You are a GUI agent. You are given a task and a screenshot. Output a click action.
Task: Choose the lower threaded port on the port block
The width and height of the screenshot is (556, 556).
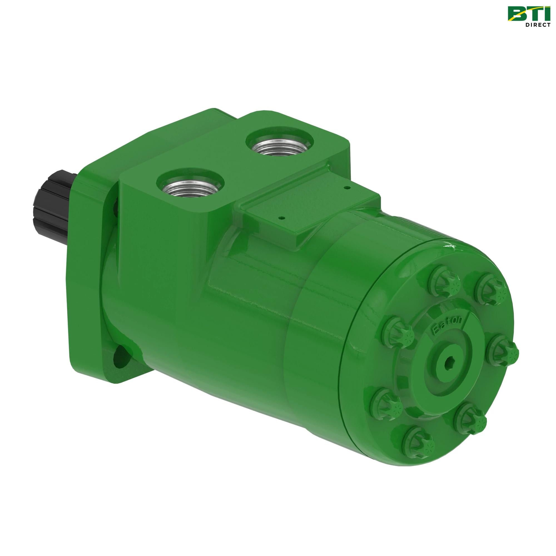tap(190, 186)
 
